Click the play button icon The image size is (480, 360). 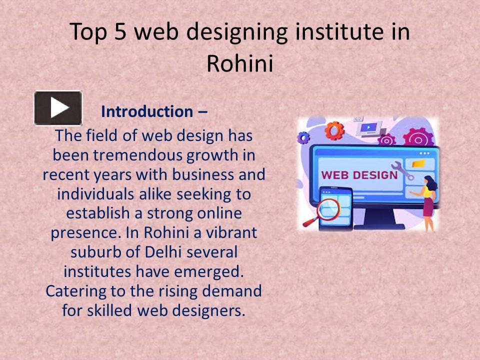(x=58, y=108)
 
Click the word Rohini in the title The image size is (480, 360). (x=240, y=63)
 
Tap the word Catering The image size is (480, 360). (x=75, y=290)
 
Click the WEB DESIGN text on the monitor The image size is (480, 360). (x=359, y=175)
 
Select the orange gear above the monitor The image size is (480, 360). (x=334, y=131)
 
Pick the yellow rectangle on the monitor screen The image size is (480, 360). (x=418, y=163)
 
